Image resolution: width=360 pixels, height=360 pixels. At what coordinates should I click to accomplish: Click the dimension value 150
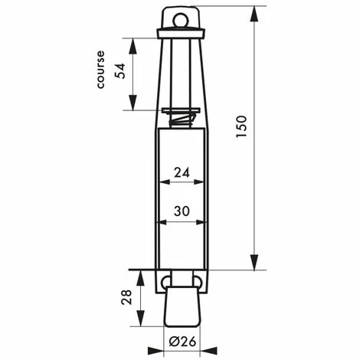click(241, 127)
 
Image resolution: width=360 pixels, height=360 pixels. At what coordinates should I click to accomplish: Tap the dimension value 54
click(119, 71)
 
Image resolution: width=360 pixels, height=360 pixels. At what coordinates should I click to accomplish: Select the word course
click(100, 70)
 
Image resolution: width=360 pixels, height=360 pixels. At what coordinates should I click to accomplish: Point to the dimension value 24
click(182, 173)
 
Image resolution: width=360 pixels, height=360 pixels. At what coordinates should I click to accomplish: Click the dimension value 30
click(182, 211)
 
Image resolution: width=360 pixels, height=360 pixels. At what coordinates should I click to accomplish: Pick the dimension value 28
click(126, 297)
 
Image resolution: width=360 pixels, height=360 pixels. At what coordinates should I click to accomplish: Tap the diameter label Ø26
click(182, 342)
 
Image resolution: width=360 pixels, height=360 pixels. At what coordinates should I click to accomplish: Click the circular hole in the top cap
click(180, 20)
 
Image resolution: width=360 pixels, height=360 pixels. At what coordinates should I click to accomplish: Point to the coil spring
click(182, 120)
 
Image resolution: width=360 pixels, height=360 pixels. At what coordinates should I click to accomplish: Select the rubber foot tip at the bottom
click(182, 306)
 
